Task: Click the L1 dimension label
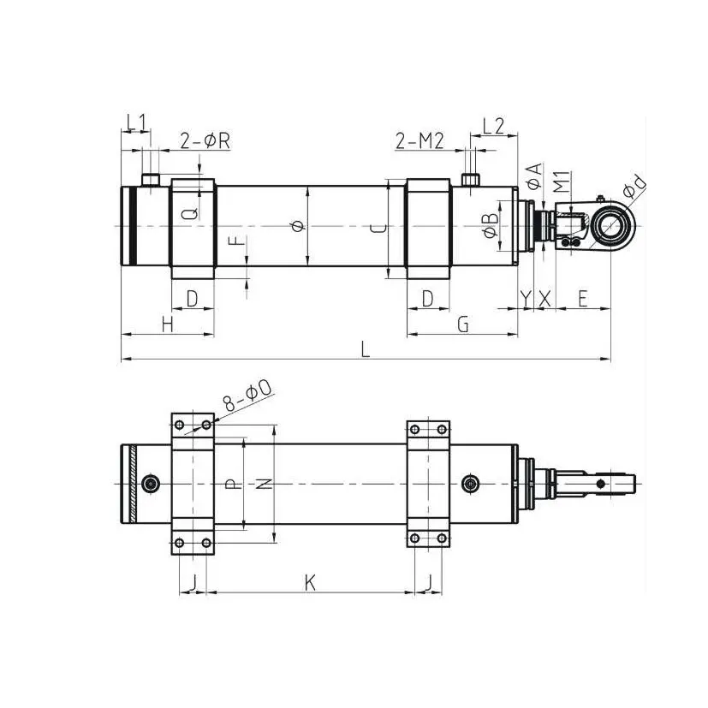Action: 135,122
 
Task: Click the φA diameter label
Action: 532,177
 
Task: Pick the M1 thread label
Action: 560,181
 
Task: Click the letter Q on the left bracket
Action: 193,208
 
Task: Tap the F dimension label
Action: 241,248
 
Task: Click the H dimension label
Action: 167,324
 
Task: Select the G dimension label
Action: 462,324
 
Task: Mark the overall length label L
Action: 366,349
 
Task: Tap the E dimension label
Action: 582,299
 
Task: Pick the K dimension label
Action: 311,583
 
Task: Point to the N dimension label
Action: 265,484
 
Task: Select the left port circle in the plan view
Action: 152,485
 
